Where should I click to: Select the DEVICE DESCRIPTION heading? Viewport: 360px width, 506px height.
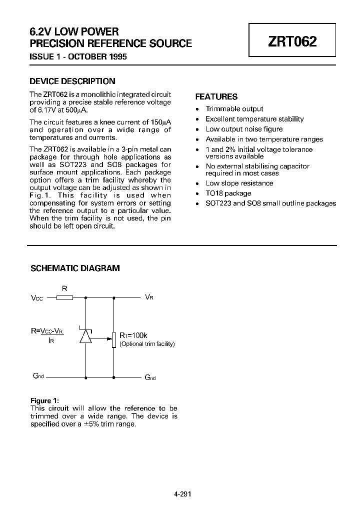tap(72, 81)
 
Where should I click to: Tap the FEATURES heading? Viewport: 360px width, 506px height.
tap(216, 96)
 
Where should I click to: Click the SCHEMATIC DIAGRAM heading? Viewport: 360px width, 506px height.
tap(75, 268)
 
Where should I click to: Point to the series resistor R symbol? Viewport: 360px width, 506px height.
tap(64, 297)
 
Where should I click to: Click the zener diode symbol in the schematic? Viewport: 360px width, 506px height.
tap(85, 336)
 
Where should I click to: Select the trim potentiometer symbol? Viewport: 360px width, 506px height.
tap(114, 339)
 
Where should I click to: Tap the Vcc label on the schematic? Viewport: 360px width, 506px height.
tap(37, 298)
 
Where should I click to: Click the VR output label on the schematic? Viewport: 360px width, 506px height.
tap(149, 297)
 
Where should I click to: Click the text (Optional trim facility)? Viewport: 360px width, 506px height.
tap(147, 344)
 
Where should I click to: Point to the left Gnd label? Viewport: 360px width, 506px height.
tap(37, 376)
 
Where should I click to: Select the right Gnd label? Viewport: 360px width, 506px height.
tap(150, 377)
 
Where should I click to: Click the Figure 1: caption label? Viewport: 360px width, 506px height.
tap(45, 400)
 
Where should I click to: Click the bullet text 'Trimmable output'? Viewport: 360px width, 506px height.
tap(234, 108)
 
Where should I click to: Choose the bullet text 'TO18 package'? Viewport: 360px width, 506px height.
tap(228, 193)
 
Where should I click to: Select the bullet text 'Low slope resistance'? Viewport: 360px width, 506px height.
tap(239, 183)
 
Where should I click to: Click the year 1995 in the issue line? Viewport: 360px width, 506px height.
tap(116, 56)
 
